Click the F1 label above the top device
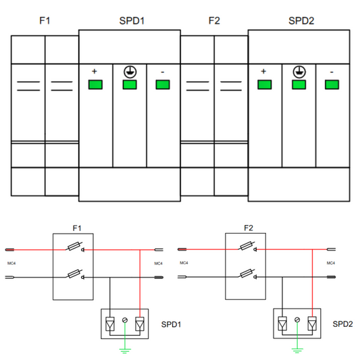[x=45, y=21]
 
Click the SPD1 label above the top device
[x=132, y=21]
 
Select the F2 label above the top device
[x=214, y=21]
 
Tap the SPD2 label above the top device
[x=301, y=21]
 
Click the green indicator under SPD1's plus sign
[x=95, y=84]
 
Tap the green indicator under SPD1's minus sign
[x=163, y=84]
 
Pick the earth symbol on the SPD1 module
[x=130, y=72]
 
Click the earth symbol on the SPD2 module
[x=299, y=72]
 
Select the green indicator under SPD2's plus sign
[x=265, y=84]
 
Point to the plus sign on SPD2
[x=263, y=72]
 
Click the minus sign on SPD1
[x=163, y=72]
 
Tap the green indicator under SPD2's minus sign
[x=332, y=84]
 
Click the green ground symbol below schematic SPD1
[x=125, y=351]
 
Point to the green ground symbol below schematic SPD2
[x=297, y=351]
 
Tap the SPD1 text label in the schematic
[x=171, y=324]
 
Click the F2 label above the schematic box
[x=249, y=228]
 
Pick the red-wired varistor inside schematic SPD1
[x=140, y=324]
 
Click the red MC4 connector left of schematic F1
[x=9, y=249]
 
